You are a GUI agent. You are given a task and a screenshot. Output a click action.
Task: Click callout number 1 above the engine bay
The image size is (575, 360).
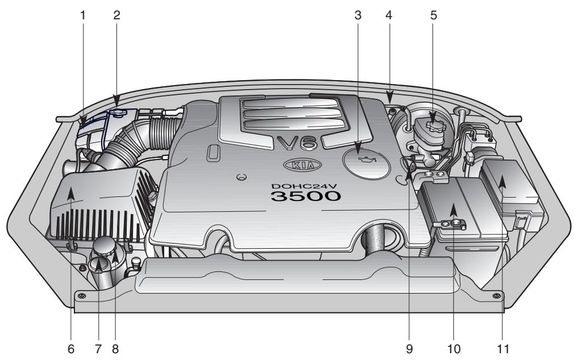(82, 15)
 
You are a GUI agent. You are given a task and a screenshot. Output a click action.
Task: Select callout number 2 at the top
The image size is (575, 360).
(116, 15)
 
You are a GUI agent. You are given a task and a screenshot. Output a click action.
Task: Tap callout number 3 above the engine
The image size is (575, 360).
(357, 15)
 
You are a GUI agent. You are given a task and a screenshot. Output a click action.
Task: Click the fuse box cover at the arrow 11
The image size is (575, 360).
(510, 182)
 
